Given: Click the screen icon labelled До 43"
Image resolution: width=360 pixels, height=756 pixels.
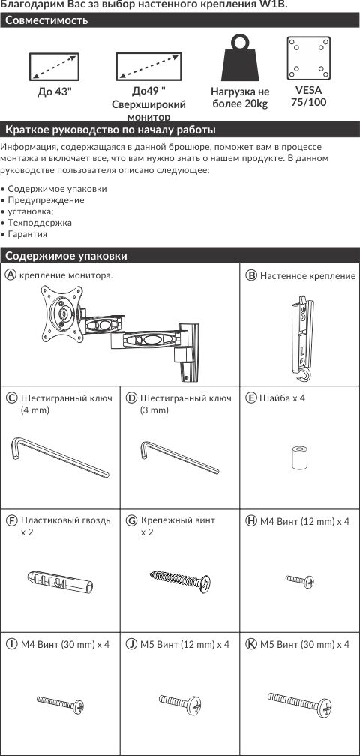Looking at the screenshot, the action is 55,67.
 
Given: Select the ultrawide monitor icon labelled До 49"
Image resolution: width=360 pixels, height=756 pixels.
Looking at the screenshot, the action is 148,67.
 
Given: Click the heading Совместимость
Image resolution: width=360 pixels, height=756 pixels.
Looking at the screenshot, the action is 46,21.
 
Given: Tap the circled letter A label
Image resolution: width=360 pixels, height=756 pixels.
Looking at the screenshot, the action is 10,274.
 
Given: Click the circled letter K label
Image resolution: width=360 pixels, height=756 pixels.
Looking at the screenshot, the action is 251,645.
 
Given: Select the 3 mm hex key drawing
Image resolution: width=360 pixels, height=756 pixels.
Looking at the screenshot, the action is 180,457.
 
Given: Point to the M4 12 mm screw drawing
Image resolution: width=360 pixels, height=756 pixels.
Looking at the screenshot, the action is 300,581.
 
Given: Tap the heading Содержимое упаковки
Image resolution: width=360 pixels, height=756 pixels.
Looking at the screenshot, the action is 67,256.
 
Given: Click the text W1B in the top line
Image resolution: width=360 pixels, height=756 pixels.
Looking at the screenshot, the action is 275,4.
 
